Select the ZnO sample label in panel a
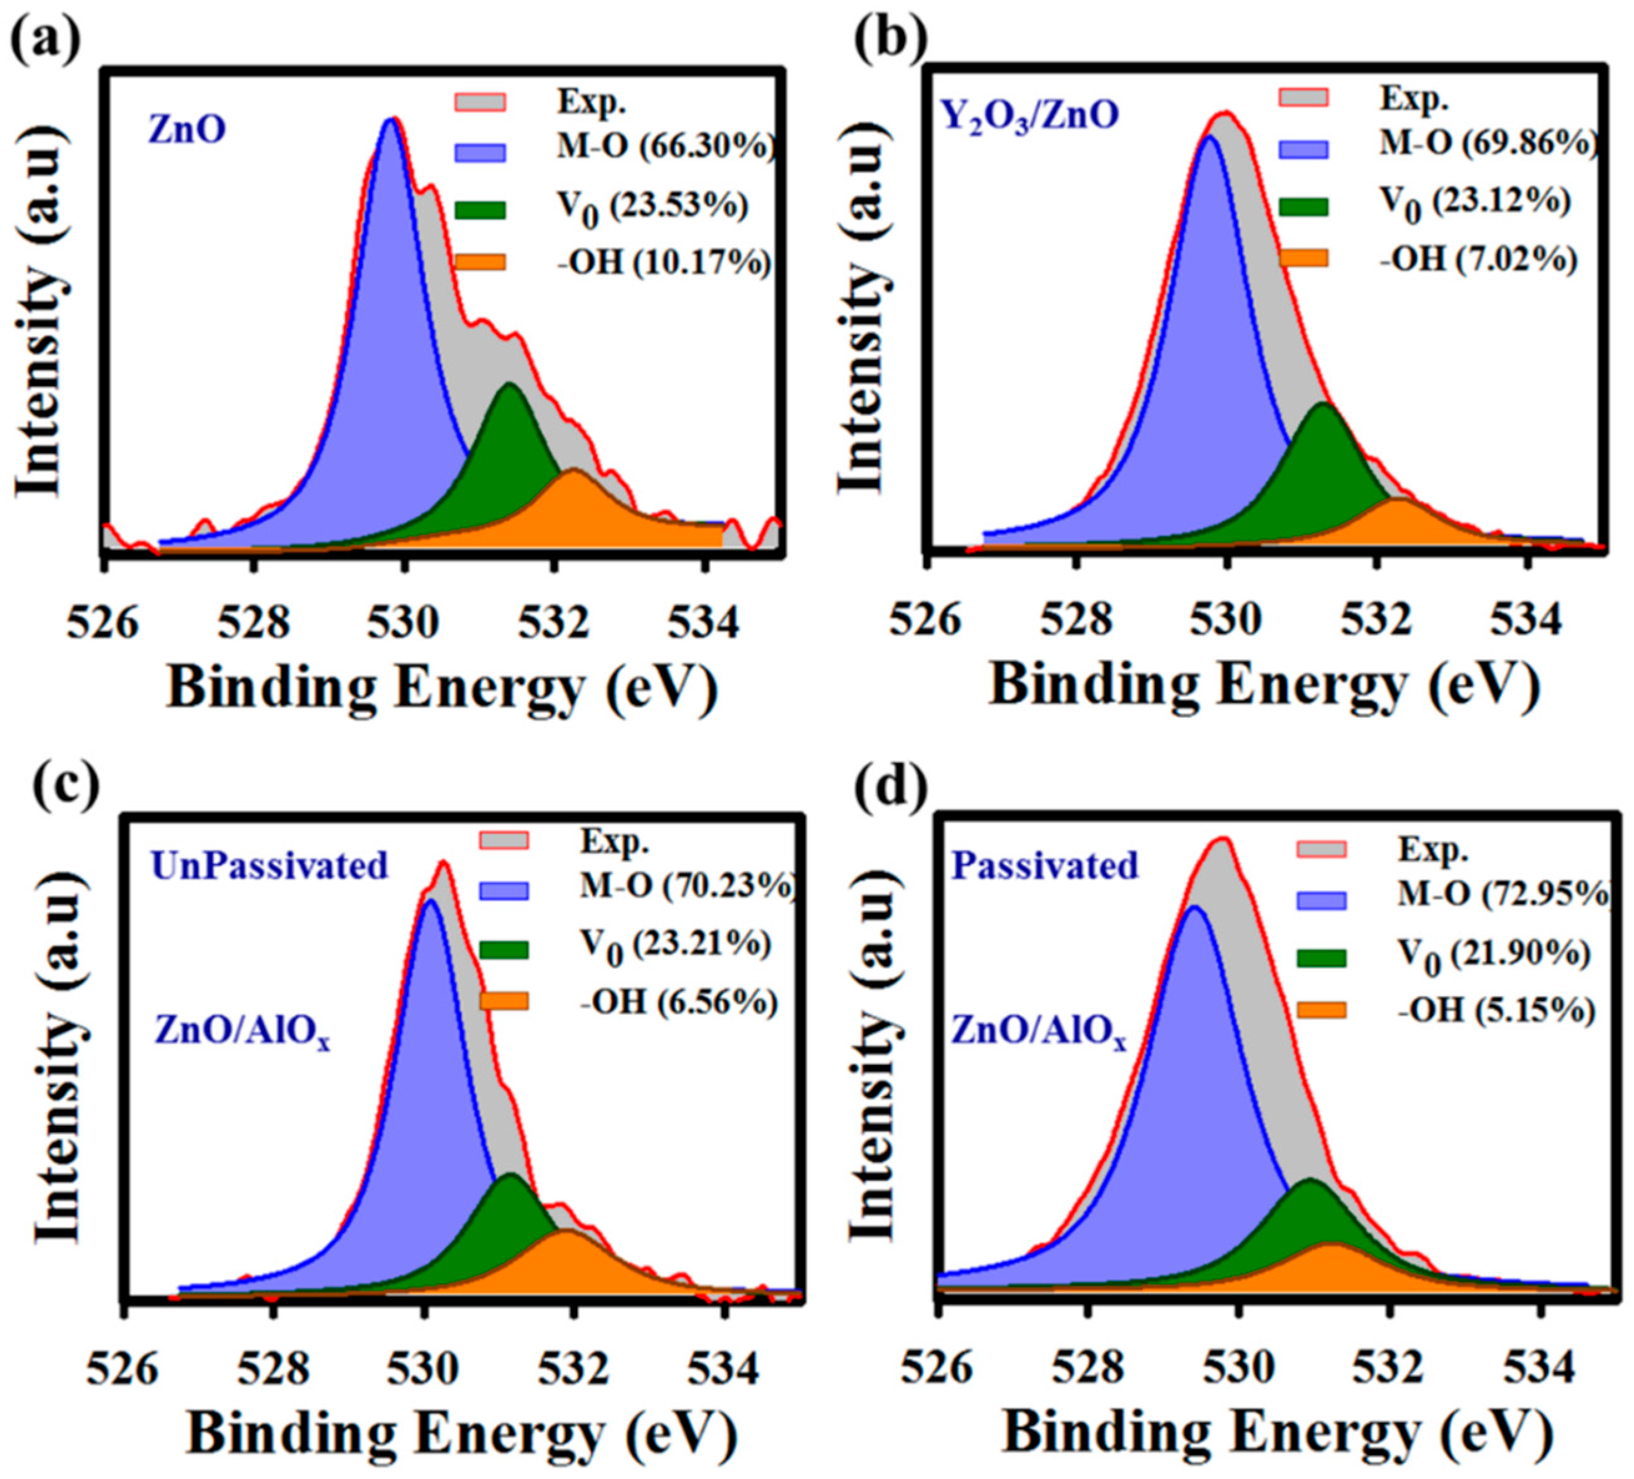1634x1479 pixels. (187, 130)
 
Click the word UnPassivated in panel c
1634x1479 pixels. (270, 866)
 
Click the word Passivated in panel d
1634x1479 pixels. (1045, 866)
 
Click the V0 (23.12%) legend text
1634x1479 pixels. (1474, 201)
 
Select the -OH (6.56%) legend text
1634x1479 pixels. (678, 1003)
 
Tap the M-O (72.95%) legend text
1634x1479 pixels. (1504, 895)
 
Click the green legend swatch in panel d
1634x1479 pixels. (1321, 959)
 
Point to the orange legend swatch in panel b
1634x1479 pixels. (1303, 258)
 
